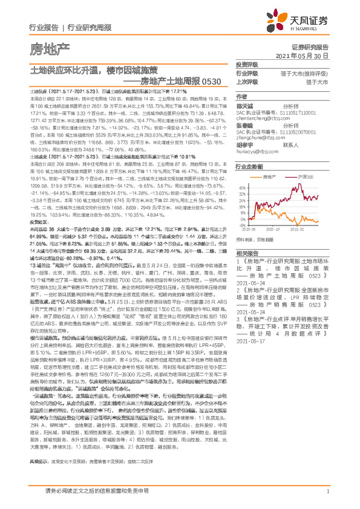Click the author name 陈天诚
tap(245, 105)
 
